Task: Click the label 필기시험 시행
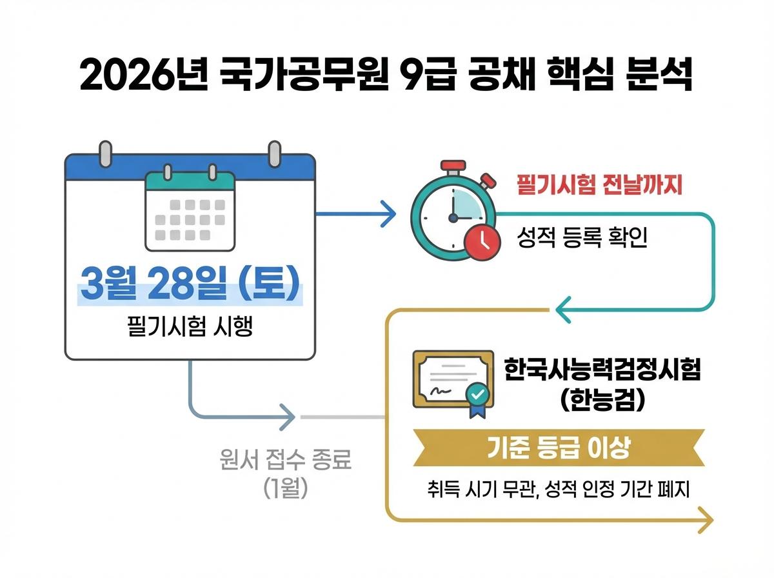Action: click(x=190, y=327)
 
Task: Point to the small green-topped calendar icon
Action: click(x=190, y=210)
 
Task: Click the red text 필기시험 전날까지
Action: click(x=600, y=186)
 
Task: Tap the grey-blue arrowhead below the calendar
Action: click(x=288, y=417)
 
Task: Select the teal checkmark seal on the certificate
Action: click(x=478, y=394)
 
